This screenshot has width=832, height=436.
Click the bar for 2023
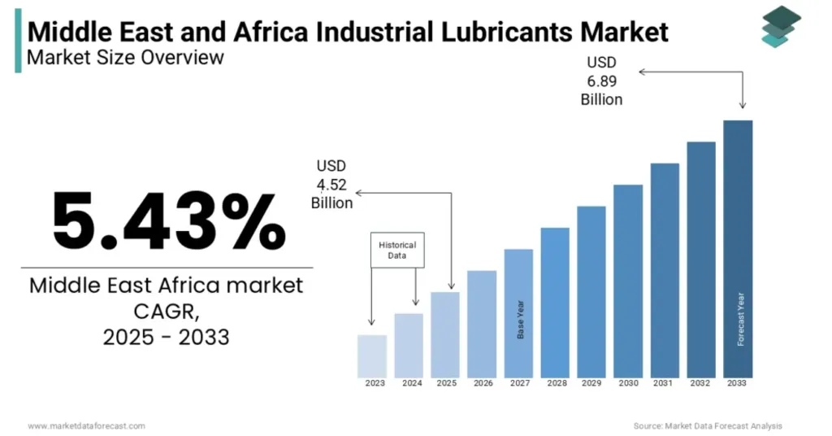point(372,356)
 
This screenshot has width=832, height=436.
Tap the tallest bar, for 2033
point(738,249)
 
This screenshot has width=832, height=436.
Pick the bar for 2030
point(628,281)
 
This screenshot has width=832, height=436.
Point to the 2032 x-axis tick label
point(701,383)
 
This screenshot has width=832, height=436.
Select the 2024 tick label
point(412,383)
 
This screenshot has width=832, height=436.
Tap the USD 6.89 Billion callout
point(601,81)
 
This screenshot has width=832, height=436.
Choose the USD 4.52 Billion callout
point(331,184)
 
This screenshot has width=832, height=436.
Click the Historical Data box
point(397,250)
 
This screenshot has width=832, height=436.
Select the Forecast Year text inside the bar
point(741,319)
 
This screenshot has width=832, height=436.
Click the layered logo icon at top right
point(781,26)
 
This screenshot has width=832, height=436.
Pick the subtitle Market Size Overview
point(125,58)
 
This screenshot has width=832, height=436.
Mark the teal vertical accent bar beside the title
point(18,46)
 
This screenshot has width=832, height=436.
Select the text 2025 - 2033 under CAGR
point(166,336)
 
